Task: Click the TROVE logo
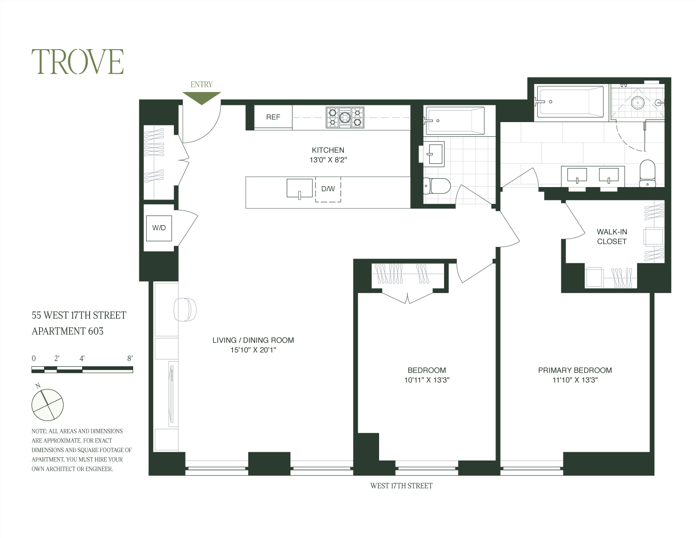(77, 62)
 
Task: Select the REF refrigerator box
(273, 117)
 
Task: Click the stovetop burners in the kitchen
(345, 117)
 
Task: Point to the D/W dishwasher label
(328, 189)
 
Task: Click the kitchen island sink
(299, 188)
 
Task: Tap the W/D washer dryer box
(159, 228)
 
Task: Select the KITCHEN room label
(328, 150)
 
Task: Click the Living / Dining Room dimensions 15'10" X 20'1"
(253, 350)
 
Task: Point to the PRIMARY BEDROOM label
(575, 370)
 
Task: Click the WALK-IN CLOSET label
(612, 236)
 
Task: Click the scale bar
(82, 369)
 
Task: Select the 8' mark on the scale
(130, 358)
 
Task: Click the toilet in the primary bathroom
(647, 173)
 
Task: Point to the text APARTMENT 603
(67, 331)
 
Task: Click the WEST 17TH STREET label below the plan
(401, 486)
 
